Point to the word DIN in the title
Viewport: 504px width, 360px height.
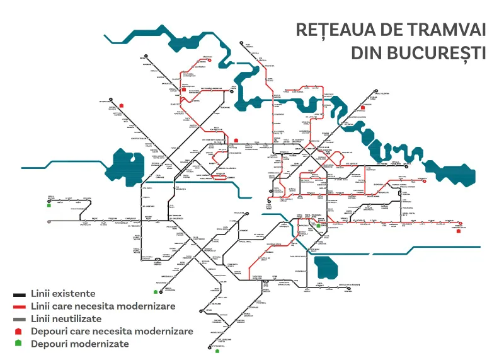[x=366, y=52]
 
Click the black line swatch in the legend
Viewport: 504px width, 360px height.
[x=19, y=294]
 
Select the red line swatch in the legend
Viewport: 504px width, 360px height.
[x=19, y=306]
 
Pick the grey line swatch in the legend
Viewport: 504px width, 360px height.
[x=19, y=319]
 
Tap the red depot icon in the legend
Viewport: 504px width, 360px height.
[x=19, y=331]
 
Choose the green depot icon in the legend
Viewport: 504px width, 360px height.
[x=19, y=344]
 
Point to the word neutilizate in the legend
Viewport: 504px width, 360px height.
[x=79, y=319]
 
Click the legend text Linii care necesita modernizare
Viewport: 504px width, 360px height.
[x=103, y=306]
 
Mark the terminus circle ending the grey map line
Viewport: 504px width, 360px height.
[x=49, y=221]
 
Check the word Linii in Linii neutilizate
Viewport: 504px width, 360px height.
[x=41, y=319]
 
